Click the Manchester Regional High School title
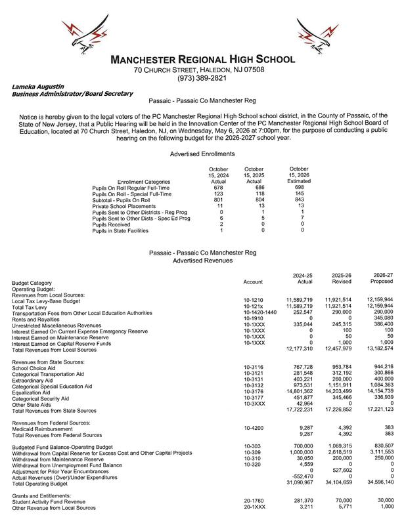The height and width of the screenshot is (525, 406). point(202,60)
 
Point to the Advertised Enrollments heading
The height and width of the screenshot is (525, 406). point(202,154)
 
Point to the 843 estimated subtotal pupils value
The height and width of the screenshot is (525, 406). point(302,200)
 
